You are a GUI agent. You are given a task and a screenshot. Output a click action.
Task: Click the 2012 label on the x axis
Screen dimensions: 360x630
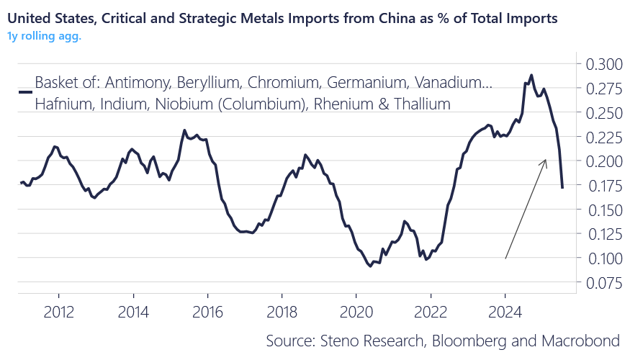(x=58, y=315)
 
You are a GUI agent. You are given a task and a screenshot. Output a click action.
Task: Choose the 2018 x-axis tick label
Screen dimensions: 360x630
(x=281, y=315)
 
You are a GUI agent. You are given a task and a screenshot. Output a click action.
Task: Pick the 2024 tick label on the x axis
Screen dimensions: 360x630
(x=505, y=315)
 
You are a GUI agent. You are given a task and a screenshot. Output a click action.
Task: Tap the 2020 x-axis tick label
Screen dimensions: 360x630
(x=356, y=315)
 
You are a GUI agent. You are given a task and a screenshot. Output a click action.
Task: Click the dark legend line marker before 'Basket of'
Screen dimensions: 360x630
(x=24, y=92)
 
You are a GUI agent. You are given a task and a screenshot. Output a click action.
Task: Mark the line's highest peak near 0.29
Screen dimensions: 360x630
(x=531, y=75)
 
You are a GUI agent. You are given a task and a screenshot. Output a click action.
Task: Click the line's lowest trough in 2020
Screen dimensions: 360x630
(x=370, y=266)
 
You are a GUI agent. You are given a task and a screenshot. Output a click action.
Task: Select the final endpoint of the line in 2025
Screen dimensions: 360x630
(x=562, y=187)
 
